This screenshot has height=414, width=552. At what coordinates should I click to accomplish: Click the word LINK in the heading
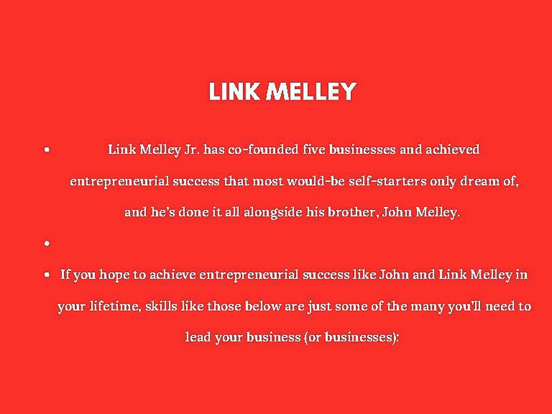click(233, 92)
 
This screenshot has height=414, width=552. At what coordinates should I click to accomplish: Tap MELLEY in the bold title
click(311, 92)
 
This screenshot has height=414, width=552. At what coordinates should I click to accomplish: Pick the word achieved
click(452, 150)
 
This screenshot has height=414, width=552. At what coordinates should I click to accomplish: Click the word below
click(263, 306)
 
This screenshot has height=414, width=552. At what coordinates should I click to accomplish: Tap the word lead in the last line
click(198, 337)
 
